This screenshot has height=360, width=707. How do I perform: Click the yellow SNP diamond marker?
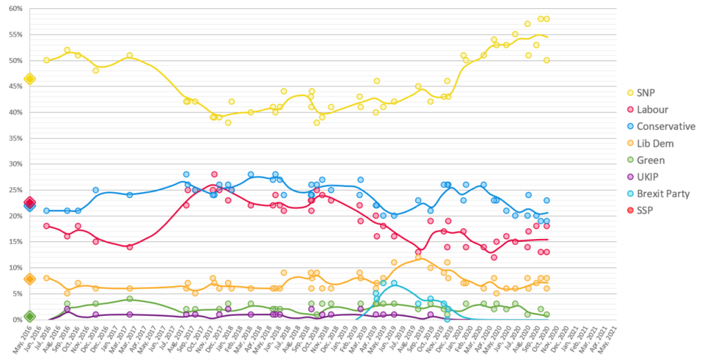(30, 79)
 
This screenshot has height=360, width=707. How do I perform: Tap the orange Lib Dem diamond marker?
(30, 279)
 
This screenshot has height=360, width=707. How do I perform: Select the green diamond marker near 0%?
(30, 316)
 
